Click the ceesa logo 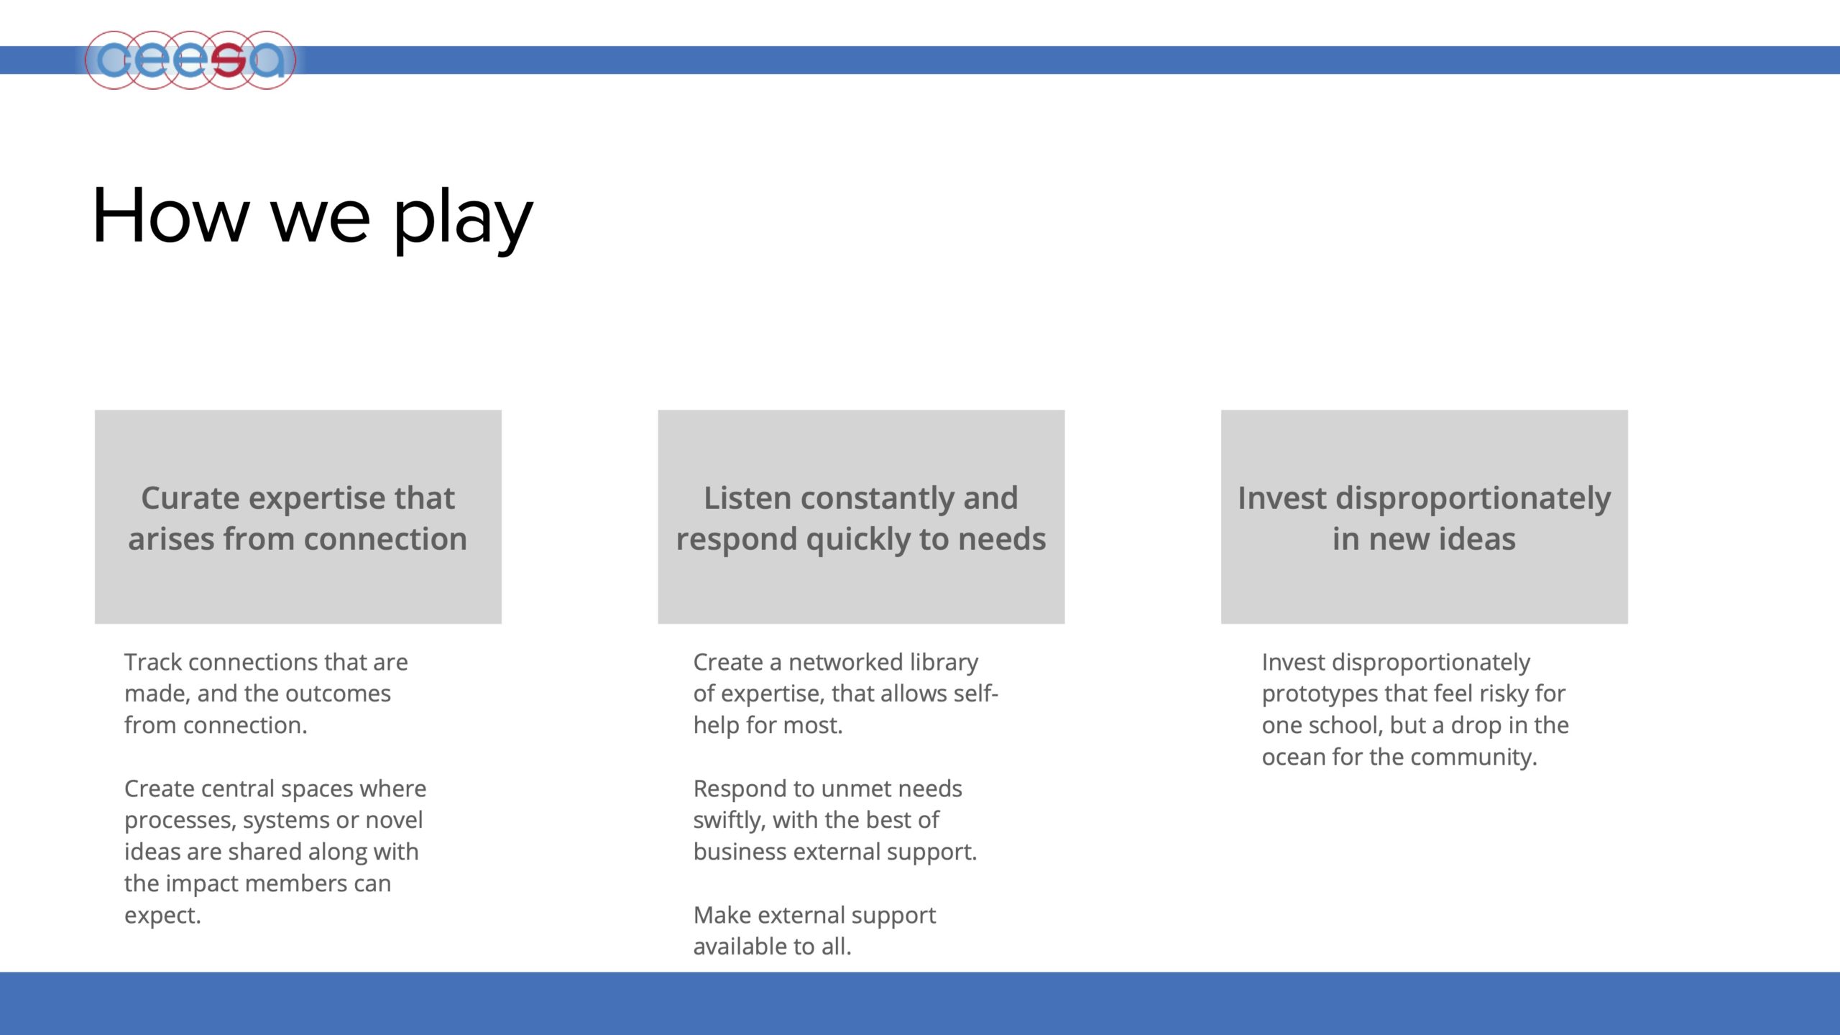[190, 60]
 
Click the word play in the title [464, 220]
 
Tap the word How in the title [171, 215]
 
